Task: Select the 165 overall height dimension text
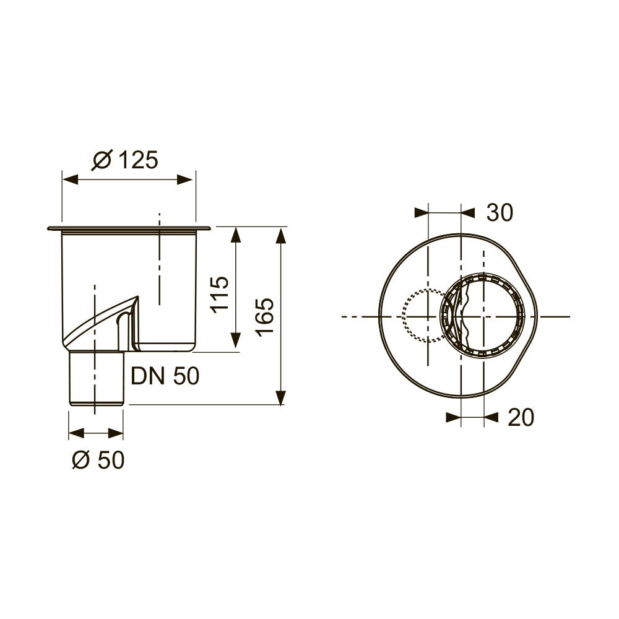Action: pos(264,316)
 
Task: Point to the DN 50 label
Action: pos(165,376)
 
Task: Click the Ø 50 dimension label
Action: pos(98,460)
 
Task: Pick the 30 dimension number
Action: pos(500,212)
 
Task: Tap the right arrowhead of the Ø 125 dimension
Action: pos(186,180)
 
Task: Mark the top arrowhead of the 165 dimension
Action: pos(282,236)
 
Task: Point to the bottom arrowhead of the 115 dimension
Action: pos(235,342)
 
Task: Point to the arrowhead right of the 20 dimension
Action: pos(491,418)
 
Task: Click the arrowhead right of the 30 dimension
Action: pos(468,212)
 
